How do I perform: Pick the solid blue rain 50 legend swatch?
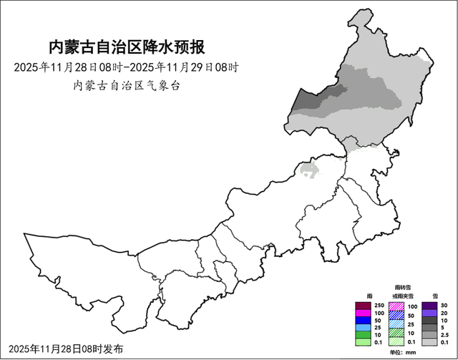[x=362, y=320]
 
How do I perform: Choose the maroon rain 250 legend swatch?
[x=362, y=306]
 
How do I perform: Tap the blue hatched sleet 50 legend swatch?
[x=396, y=316]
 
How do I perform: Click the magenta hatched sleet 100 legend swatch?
[x=396, y=306]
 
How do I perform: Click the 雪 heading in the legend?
[x=435, y=296]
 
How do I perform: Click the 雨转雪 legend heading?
[x=402, y=286]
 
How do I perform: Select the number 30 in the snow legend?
[x=443, y=306]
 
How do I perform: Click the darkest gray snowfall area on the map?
[x=315, y=99]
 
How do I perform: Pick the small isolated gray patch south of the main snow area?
[x=309, y=170]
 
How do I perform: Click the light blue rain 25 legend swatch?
[x=362, y=329]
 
